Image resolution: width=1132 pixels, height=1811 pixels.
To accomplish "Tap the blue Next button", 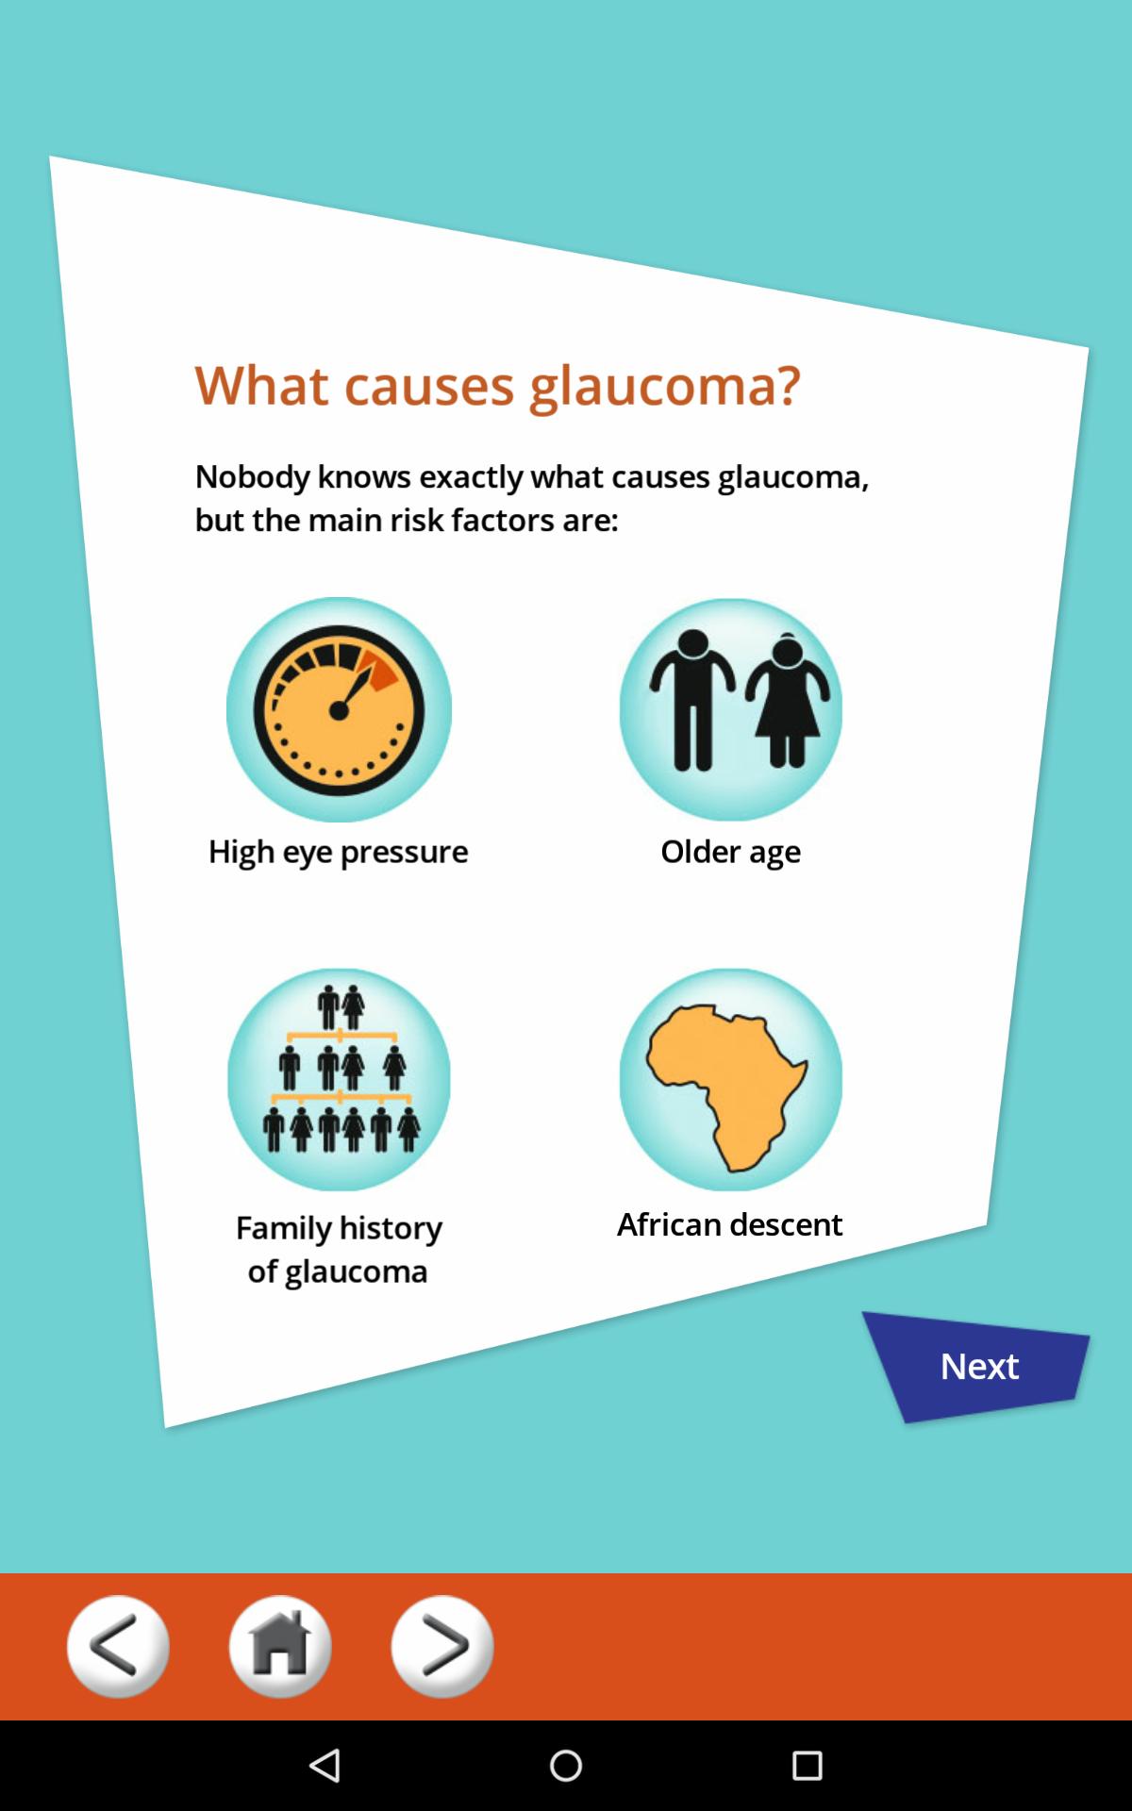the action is (x=977, y=1366).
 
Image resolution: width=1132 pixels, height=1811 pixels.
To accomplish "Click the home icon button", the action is (x=280, y=1646).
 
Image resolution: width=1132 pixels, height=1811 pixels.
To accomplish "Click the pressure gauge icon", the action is (x=339, y=709).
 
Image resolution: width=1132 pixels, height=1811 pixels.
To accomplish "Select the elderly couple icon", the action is (x=731, y=709).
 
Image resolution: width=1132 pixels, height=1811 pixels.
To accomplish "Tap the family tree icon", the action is (x=339, y=1079).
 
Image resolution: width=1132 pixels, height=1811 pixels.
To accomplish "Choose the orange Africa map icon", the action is (x=731, y=1079).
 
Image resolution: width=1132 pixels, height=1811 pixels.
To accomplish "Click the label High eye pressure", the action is (x=338, y=852).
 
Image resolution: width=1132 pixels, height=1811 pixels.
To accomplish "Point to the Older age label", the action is (x=730, y=852).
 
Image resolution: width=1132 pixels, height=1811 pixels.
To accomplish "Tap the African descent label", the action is (x=729, y=1224).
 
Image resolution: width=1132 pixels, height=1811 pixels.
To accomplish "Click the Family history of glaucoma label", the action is (x=339, y=1250).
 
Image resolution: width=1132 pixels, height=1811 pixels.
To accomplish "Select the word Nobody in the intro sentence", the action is (x=252, y=476).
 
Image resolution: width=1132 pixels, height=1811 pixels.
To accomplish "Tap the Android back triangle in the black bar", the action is (x=325, y=1765).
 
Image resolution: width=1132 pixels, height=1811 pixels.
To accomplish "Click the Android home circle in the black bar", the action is (x=566, y=1765).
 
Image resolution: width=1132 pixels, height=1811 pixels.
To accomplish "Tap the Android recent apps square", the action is (x=807, y=1765).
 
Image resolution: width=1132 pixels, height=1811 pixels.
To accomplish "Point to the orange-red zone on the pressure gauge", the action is (x=381, y=671).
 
